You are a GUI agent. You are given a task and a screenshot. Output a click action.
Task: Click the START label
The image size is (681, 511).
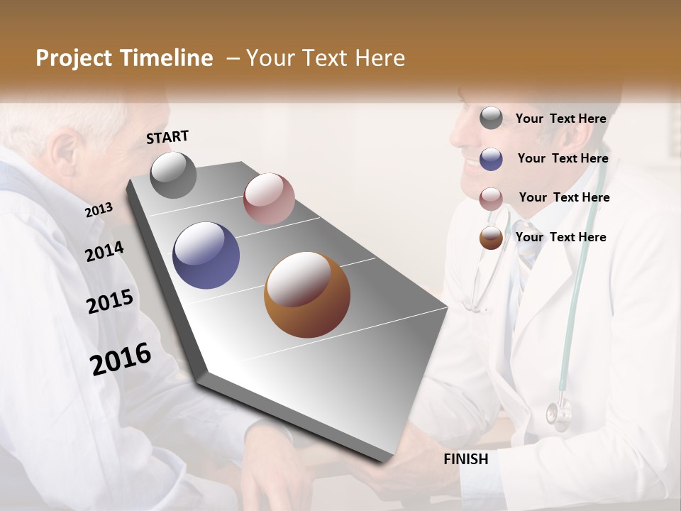(167, 137)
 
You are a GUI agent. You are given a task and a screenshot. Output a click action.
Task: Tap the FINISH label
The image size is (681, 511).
(466, 459)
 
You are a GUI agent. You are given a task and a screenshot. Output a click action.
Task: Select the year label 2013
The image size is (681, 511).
(99, 210)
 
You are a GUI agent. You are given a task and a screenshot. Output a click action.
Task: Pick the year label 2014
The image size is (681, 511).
(104, 251)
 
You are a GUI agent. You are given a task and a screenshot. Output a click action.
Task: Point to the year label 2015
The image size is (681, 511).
(109, 302)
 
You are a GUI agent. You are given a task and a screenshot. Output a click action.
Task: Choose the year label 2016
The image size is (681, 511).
(121, 358)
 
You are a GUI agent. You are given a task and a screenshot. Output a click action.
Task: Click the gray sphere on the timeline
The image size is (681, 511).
(173, 175)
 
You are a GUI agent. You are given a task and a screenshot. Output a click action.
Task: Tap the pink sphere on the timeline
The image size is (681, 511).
(269, 199)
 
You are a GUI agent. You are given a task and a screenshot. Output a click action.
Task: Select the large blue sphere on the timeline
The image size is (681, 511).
(206, 255)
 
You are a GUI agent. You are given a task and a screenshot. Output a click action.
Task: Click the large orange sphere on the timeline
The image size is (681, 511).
(306, 295)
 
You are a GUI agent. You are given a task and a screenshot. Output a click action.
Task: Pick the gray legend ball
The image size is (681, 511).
(491, 119)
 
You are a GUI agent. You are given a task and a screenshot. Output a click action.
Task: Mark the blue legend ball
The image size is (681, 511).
(491, 159)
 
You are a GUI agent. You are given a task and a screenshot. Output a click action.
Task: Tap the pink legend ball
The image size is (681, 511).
(491, 199)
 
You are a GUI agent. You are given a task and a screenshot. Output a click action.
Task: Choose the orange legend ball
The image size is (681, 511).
(491, 238)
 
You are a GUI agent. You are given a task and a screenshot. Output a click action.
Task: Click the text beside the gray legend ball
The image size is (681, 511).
(560, 119)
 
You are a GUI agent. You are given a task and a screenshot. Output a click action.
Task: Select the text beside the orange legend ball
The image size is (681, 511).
(560, 237)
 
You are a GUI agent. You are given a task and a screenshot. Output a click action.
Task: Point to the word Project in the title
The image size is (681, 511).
(74, 58)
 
